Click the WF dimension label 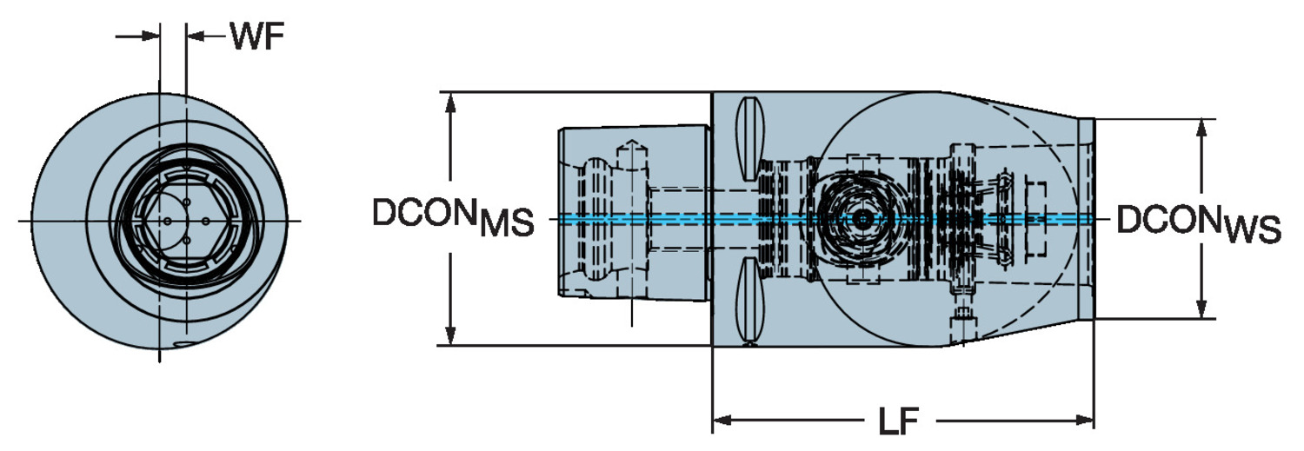click(257, 36)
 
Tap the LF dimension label click(898, 421)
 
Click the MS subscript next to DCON click(506, 222)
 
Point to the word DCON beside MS click(424, 212)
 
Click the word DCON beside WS click(1170, 219)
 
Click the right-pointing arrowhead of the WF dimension click(150, 36)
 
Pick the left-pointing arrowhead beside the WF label click(195, 36)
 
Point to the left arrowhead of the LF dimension click(722, 421)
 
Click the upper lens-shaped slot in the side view click(749, 138)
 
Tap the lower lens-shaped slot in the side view click(749, 301)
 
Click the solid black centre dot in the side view click(862, 219)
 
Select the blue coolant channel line click(826, 219)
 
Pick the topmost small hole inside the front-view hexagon click(186, 202)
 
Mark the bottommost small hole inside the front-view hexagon click(186, 240)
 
